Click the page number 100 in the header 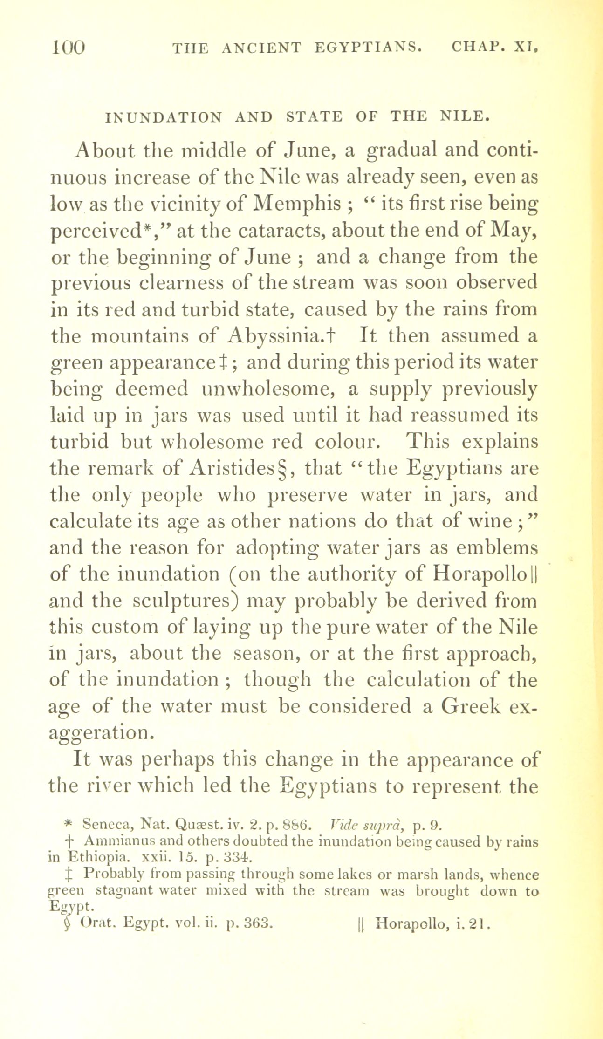pos(69,48)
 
